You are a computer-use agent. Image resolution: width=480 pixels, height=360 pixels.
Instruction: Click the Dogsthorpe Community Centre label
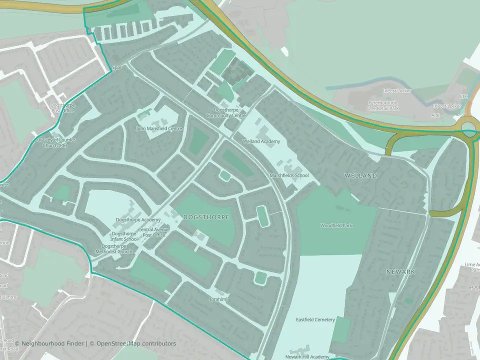[226, 112]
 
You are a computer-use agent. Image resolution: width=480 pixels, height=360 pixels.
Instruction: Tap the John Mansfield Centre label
[159, 128]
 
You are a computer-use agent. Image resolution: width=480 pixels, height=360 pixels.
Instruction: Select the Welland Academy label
[261, 141]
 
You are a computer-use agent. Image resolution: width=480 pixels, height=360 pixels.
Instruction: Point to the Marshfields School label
[289, 175]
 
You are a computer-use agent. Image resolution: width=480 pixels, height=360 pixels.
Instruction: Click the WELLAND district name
[360, 176]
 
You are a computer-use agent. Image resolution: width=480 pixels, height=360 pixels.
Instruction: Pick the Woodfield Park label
[336, 225]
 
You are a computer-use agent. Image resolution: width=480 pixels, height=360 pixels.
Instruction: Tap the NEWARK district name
[401, 271]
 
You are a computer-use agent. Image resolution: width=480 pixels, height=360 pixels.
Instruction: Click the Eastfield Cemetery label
[315, 319]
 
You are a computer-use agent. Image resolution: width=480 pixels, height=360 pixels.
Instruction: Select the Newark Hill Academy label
[307, 356]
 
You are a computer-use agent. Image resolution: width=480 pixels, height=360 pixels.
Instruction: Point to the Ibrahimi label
[218, 299]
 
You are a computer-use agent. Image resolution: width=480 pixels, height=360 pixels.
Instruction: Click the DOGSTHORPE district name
[206, 217]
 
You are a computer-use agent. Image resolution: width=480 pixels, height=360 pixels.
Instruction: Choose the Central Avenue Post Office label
[154, 232]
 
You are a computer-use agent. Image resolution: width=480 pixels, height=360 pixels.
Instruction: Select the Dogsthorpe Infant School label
[124, 236]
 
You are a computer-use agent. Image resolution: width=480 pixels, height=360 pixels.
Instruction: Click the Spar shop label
[117, 67]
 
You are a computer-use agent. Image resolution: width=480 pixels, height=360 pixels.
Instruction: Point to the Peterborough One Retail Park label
[382, 105]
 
